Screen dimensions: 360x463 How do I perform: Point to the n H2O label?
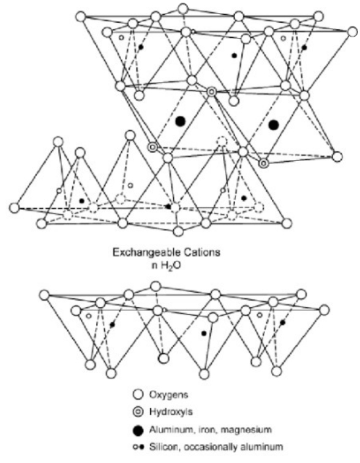166,266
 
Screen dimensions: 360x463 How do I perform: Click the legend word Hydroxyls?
171,412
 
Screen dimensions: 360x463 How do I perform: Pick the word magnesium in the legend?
246,429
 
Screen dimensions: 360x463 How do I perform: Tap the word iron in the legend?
208,429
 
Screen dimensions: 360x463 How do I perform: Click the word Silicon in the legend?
163,446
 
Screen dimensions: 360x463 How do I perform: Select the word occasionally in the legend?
210,446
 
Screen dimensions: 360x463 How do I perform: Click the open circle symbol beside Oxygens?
138,394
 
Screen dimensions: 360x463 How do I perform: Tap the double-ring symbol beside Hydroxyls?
138,412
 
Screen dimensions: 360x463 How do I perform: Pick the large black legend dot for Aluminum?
138,431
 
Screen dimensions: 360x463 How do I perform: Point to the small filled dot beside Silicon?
141,447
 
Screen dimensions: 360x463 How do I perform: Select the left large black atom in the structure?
180,121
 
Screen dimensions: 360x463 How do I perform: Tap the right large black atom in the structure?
274,125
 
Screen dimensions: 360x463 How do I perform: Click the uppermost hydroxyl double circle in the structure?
211,92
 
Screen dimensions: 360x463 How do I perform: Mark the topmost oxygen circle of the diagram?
183,9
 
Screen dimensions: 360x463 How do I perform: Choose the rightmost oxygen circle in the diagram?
352,32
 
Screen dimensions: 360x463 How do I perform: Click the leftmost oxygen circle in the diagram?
14,208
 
